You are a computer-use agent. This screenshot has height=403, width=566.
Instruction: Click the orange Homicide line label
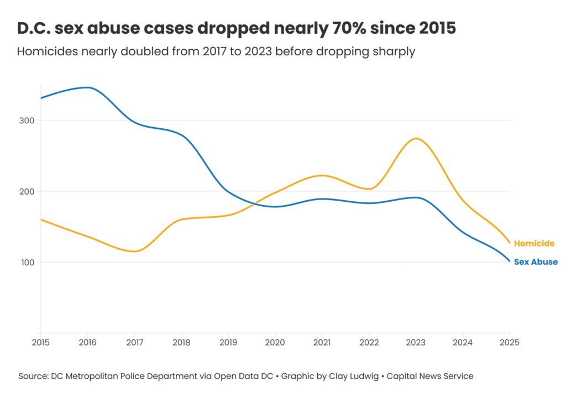click(x=534, y=243)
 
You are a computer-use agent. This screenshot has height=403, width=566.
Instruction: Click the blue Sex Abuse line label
click(x=535, y=262)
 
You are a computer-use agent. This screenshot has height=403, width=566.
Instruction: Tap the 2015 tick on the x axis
click(x=40, y=343)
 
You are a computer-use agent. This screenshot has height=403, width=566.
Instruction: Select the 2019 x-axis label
click(x=228, y=343)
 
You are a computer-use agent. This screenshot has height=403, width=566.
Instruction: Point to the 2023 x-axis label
click(x=416, y=343)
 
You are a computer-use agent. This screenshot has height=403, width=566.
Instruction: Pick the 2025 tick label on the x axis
click(x=509, y=343)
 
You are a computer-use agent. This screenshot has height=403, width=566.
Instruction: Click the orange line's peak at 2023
click(x=416, y=139)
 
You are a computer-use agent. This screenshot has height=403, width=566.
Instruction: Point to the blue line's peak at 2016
click(x=87, y=87)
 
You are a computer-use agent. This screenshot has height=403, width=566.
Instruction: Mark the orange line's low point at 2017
click(x=134, y=252)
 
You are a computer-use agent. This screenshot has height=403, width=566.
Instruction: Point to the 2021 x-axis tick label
click(x=322, y=343)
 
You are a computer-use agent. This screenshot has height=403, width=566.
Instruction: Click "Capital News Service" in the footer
click(x=430, y=376)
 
